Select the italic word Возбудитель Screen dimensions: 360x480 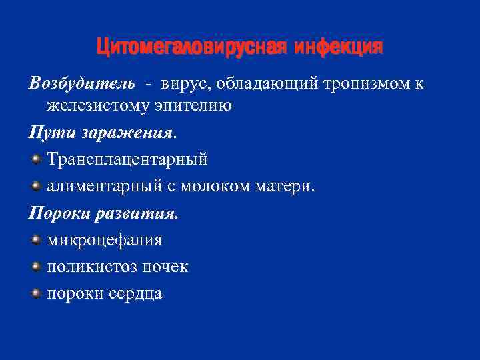81,83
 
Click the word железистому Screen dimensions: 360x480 97,105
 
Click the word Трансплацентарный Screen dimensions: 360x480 127,159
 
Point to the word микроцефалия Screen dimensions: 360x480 105,240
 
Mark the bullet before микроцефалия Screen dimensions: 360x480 35,239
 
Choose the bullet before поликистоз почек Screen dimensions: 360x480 35,266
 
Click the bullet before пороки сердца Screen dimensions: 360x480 35,293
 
